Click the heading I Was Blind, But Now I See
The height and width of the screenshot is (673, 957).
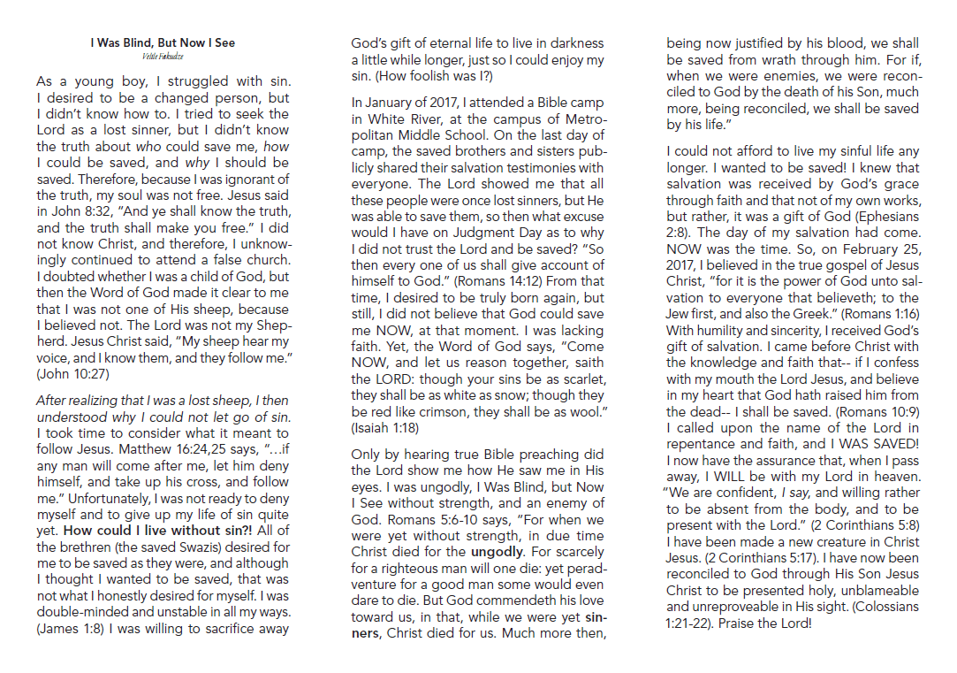click(163, 42)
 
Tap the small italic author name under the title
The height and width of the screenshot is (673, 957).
click(163, 55)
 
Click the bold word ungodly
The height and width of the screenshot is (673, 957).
click(497, 527)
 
